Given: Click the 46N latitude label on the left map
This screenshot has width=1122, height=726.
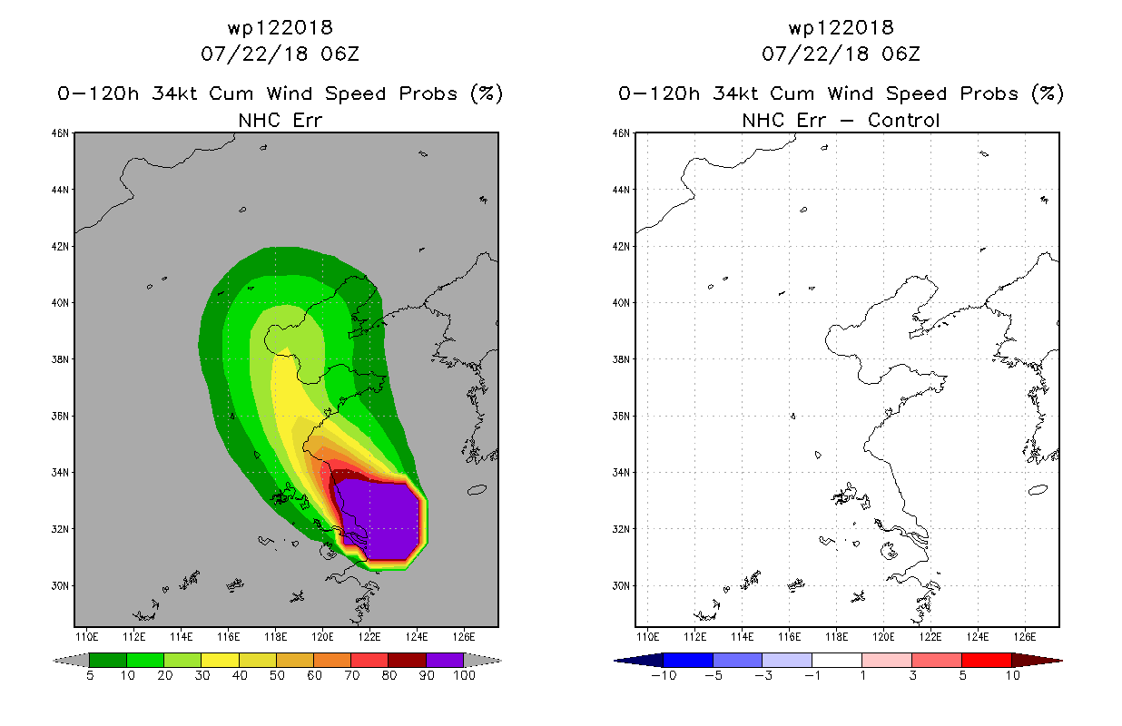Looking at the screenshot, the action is [x=60, y=133].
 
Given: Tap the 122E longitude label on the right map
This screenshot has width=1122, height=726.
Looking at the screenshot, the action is [x=930, y=637].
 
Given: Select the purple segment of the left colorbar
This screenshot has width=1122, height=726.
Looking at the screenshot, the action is [x=445, y=660].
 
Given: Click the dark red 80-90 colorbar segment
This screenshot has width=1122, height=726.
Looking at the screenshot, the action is [x=408, y=660].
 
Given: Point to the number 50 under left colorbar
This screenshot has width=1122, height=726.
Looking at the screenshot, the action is [x=277, y=675].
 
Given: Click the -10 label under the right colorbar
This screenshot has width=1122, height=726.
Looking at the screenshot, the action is [x=664, y=675].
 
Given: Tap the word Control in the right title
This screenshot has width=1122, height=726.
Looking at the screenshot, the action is [x=903, y=120].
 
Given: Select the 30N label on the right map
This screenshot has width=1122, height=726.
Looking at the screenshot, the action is [x=621, y=586].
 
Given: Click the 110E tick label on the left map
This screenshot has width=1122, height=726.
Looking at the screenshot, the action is [x=86, y=637].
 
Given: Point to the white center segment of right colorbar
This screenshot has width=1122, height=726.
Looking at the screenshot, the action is [x=836, y=660].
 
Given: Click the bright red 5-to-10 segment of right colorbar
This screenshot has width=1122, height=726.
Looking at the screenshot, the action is [x=986, y=660].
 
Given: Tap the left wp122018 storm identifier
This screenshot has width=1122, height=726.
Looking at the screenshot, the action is [x=280, y=27].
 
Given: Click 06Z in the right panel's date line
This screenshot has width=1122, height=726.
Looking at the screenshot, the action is [x=901, y=54].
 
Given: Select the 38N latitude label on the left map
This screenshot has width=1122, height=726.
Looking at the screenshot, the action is [x=60, y=359].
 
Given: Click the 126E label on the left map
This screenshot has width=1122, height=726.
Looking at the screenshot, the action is [x=463, y=637].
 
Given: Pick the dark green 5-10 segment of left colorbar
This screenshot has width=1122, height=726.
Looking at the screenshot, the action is [x=108, y=660].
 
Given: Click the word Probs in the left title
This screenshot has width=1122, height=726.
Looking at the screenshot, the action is [x=428, y=93].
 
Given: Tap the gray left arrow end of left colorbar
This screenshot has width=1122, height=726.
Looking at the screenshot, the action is [x=71, y=661].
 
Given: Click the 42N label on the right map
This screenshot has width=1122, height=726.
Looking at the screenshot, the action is [x=621, y=246].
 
